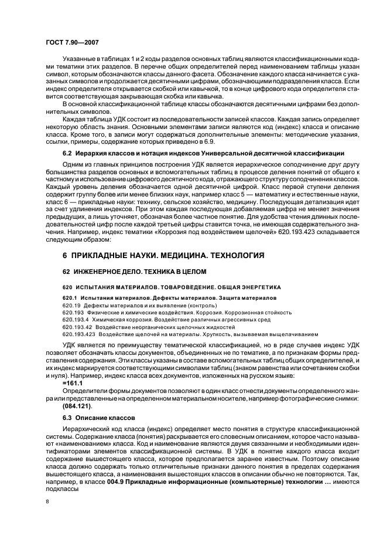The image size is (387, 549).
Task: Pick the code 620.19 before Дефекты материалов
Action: click(71, 306)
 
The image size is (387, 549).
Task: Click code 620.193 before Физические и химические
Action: click(73, 313)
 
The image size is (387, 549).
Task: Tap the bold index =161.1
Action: click(73, 382)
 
